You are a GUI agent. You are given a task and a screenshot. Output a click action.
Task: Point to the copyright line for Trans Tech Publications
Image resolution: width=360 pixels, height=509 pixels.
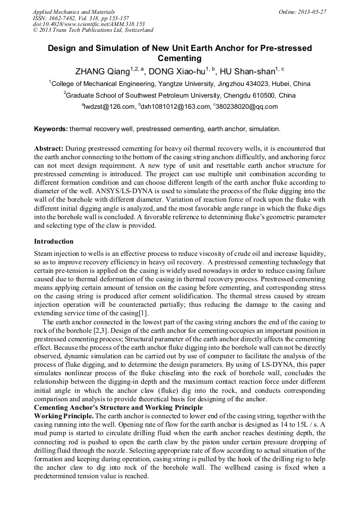click(93, 30)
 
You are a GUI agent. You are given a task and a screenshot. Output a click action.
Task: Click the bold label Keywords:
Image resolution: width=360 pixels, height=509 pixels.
click(51, 129)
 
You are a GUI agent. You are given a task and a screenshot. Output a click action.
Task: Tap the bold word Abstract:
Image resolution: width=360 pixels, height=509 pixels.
click(49, 149)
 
